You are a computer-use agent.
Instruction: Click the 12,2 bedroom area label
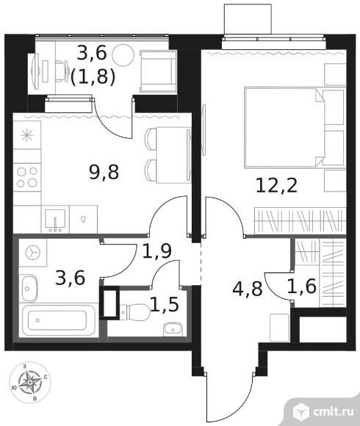(276, 187)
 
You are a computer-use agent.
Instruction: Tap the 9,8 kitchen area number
(104, 173)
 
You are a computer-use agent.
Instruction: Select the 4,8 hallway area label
(248, 289)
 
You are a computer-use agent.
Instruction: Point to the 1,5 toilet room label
(165, 304)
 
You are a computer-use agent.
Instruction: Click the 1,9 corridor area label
(157, 250)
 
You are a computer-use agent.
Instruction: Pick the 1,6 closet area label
(302, 286)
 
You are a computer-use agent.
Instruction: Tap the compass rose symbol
(30, 383)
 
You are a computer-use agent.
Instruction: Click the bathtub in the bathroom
(59, 320)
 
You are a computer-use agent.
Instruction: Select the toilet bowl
(135, 312)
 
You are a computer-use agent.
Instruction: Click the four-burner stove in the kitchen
(27, 177)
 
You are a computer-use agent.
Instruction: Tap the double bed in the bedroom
(284, 127)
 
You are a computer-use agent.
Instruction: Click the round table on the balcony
(123, 55)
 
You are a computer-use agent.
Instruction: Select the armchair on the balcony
(158, 72)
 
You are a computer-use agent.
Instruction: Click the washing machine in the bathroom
(32, 253)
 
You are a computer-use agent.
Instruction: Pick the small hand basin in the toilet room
(173, 329)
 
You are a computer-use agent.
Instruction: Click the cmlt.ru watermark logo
(323, 412)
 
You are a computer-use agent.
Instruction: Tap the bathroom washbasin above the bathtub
(29, 289)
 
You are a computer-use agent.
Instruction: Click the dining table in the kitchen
(173, 155)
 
